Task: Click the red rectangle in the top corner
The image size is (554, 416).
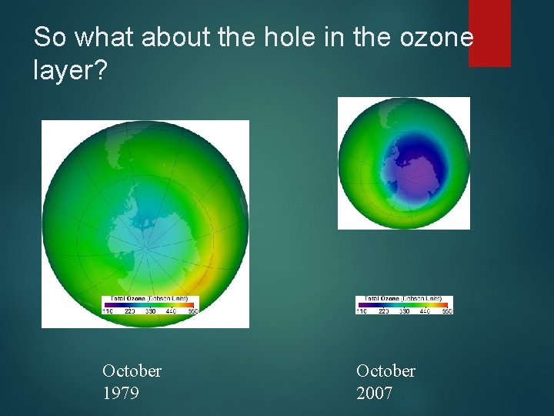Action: (489, 32)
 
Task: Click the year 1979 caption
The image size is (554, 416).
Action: (120, 393)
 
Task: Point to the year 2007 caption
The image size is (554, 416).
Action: (374, 393)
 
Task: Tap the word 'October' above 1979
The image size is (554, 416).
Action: (132, 371)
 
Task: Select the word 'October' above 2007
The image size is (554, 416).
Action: (385, 371)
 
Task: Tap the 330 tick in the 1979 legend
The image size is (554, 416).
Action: (150, 311)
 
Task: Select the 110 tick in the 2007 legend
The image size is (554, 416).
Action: (361, 311)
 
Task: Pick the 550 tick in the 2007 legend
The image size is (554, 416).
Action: (447, 311)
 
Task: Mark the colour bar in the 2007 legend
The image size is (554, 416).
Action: (404, 304)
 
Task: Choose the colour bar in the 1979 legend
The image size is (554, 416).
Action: (150, 304)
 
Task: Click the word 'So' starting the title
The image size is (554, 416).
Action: (50, 37)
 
